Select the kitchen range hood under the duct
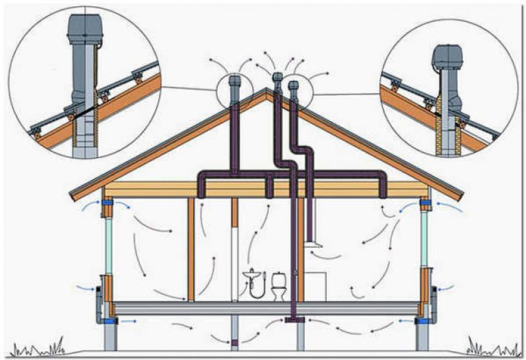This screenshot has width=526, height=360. click(314, 240)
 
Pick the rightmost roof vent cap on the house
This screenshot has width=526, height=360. click(294, 86)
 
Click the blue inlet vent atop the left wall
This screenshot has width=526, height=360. click(108, 203)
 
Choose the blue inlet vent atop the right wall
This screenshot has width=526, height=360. click(425, 204)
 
